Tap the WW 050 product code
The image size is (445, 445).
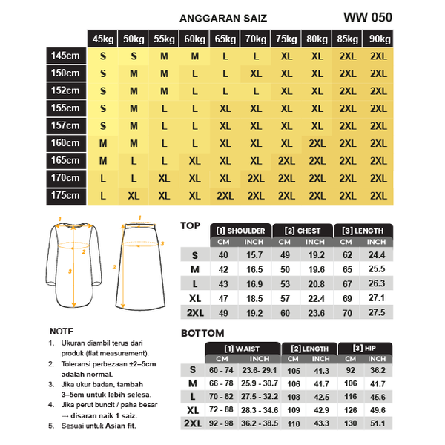368,17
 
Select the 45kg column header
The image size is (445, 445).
103,39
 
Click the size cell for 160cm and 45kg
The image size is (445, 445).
103,143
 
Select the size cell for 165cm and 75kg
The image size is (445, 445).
286,161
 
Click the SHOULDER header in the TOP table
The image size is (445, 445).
240,231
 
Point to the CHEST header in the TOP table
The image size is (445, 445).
303,231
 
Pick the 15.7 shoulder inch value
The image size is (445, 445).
254,255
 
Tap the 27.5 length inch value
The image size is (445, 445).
377,312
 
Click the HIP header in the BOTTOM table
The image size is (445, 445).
363,348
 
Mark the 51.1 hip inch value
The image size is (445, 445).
377,424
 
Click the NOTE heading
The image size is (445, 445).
61,332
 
